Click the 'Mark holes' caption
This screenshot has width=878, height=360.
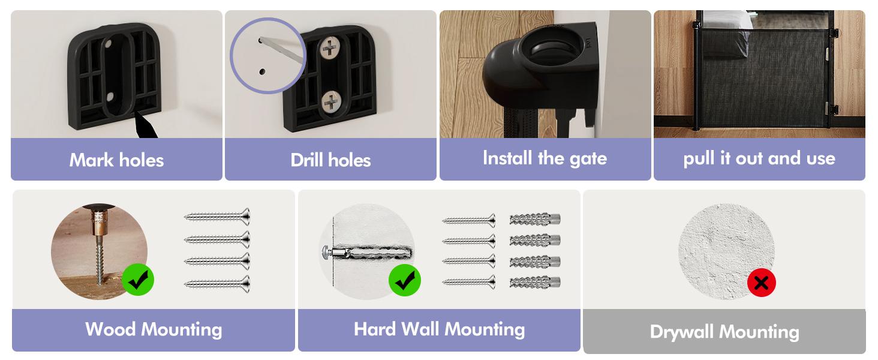[116, 160]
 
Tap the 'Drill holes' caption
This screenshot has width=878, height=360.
[330, 160]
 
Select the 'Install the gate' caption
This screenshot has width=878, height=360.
[545, 158]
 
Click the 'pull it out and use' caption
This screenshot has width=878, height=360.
[759, 158]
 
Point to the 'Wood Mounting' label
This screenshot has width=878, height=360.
[154, 329]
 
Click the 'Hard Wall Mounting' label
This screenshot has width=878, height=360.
[439, 329]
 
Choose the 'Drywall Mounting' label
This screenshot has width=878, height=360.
[724, 332]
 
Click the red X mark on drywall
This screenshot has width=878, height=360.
[762, 283]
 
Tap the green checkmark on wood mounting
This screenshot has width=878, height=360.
[138, 279]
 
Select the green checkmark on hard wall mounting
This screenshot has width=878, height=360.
[405, 280]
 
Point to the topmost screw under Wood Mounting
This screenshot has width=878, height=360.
[217, 216]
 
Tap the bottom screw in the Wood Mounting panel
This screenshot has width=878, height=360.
[217, 284]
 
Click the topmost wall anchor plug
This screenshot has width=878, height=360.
[535, 220]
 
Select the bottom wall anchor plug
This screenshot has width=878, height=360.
[535, 281]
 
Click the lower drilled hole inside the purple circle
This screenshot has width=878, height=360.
[262, 71]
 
